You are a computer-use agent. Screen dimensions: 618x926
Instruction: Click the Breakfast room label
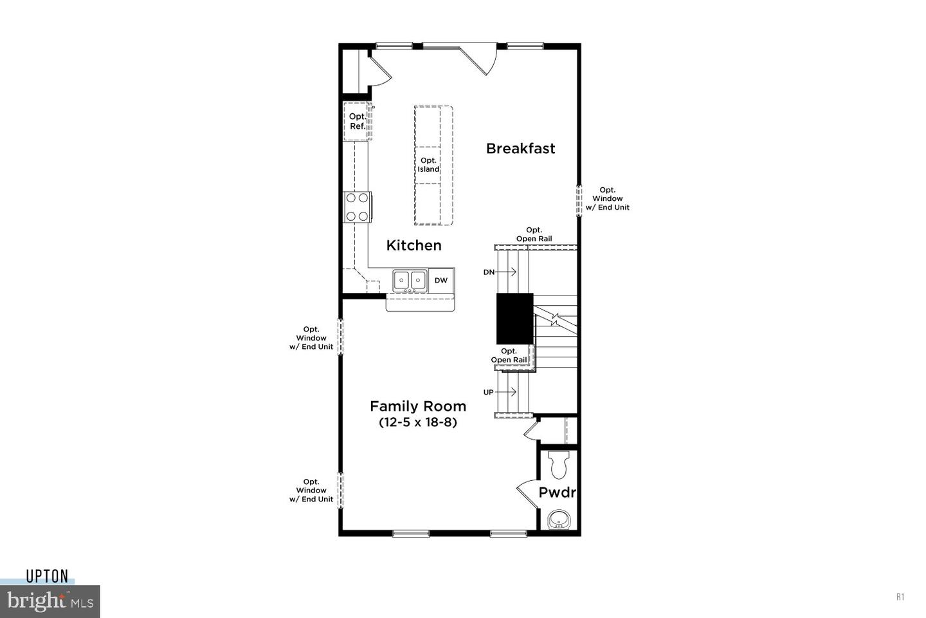pos(520,148)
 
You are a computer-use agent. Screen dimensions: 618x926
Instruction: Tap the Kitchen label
pos(413,245)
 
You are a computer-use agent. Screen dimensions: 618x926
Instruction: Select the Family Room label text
pos(418,406)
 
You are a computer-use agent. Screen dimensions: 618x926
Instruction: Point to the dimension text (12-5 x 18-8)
pos(418,423)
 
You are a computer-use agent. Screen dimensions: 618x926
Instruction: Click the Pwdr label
pos(557,493)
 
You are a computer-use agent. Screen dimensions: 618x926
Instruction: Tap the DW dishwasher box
pos(441,280)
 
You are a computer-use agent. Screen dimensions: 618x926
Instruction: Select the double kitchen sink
pos(410,280)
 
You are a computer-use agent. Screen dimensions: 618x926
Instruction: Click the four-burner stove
pos(358,207)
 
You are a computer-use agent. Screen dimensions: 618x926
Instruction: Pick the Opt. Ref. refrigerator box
pos(358,121)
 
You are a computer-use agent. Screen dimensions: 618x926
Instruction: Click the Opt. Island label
pos(428,165)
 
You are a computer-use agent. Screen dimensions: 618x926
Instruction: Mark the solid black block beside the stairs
pos(514,318)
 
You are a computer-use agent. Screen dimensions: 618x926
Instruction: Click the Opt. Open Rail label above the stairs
pos(534,234)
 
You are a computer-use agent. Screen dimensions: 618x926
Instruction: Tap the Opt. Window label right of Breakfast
pos(607,199)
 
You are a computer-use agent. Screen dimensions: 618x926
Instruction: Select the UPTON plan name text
pos(47,576)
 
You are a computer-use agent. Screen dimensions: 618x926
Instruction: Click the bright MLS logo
pos(50,602)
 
